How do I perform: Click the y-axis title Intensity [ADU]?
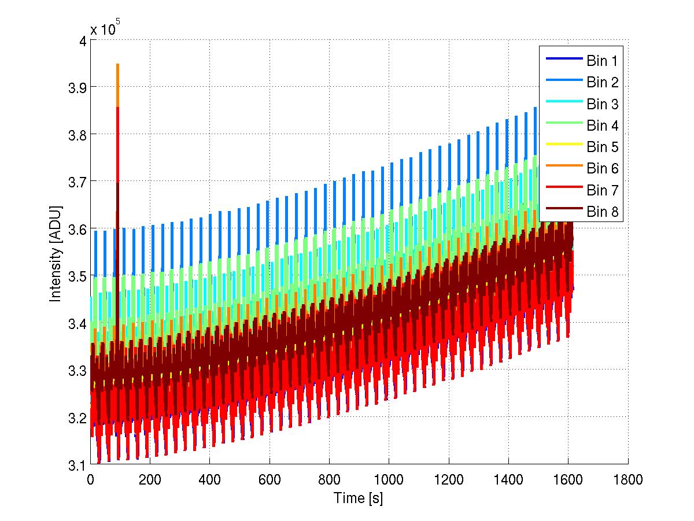(x=56, y=253)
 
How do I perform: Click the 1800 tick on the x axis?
(x=628, y=479)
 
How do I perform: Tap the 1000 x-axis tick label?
(x=389, y=479)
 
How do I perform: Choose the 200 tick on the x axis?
(x=150, y=479)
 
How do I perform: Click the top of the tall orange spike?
(x=118, y=65)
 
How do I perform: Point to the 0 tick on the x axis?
(x=90, y=479)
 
